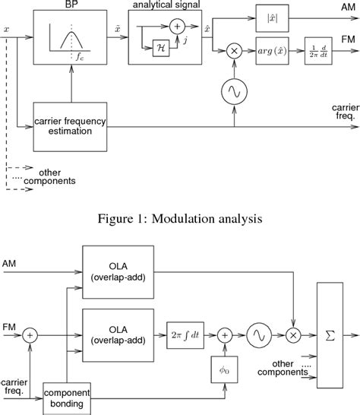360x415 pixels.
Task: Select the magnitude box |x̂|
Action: click(x=270, y=16)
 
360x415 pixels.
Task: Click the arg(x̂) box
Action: click(x=271, y=49)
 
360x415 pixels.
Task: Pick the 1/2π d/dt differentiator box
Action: click(x=319, y=49)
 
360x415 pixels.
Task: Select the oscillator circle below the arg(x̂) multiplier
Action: click(x=233, y=92)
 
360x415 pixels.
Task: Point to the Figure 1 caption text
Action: click(x=180, y=220)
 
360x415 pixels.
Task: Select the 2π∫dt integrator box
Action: click(x=187, y=333)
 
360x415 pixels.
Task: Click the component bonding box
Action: click(x=66, y=396)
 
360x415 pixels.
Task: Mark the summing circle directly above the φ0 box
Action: click(x=225, y=333)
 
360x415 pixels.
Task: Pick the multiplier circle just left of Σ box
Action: click(x=293, y=333)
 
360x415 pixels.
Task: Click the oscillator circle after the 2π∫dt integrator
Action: click(x=260, y=333)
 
